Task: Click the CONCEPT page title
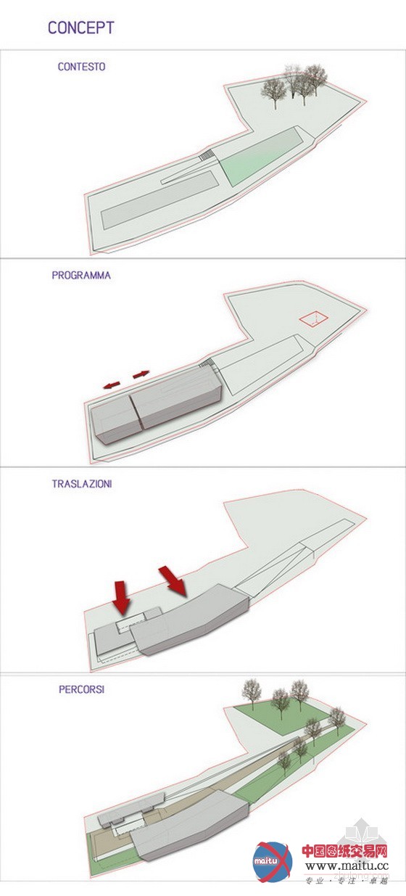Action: [x=81, y=28]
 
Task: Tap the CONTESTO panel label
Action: [x=81, y=67]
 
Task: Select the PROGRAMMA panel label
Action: [x=81, y=275]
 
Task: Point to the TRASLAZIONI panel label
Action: [x=82, y=484]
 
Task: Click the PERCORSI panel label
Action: [x=81, y=689]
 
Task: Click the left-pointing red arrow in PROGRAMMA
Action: [x=112, y=385]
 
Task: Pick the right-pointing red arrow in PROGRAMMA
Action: [x=141, y=374]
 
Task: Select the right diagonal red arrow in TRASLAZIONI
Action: [x=173, y=581]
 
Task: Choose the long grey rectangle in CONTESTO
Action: [x=159, y=200]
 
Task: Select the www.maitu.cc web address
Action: [x=347, y=866]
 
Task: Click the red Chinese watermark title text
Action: [x=344, y=851]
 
